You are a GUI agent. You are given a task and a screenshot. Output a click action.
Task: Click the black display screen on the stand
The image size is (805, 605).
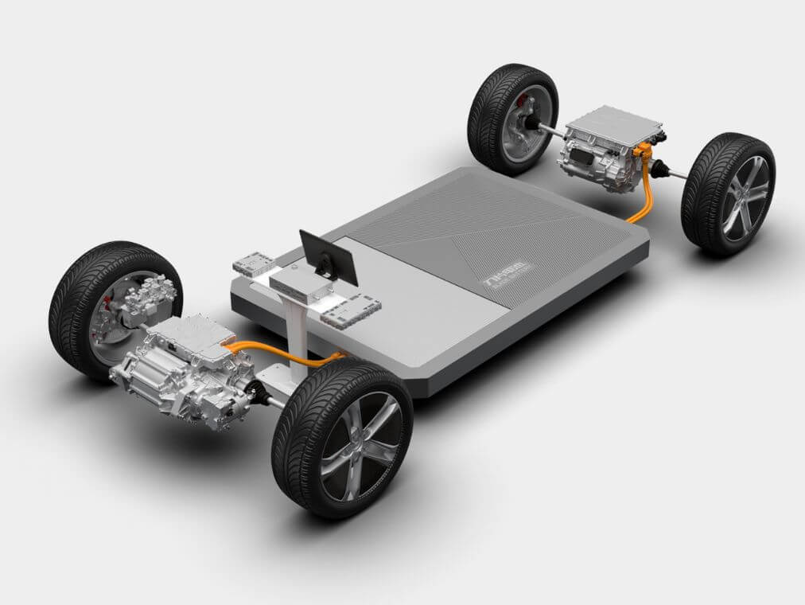[328, 257]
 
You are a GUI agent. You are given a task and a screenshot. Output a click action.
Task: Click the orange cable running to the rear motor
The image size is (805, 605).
[642, 205]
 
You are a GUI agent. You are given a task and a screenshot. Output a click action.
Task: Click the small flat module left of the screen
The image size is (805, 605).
[253, 263]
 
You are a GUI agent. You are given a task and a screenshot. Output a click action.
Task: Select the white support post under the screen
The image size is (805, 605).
[297, 330]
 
